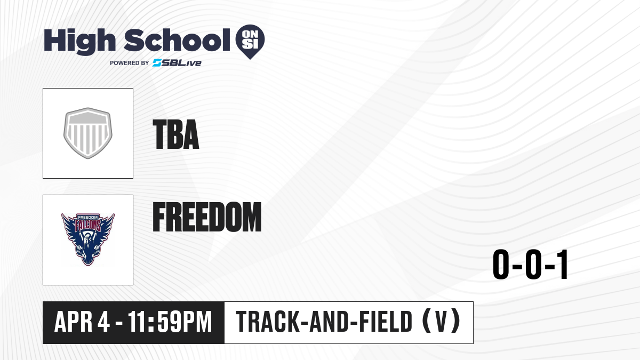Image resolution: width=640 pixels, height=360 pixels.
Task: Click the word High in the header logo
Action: tap(79, 42)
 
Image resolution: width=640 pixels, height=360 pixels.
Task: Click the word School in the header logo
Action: tap(177, 40)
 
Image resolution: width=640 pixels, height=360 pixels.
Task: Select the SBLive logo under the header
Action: tap(177, 63)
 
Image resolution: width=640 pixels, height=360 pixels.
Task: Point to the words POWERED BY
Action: tap(130, 63)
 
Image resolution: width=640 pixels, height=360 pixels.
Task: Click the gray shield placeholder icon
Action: tap(87, 133)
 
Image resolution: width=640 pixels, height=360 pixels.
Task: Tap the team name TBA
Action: tap(175, 134)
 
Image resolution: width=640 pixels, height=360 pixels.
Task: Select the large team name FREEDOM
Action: tap(207, 217)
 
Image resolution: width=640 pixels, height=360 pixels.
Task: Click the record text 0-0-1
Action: tap(530, 265)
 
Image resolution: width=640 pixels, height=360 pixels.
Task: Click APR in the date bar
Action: tap(74, 322)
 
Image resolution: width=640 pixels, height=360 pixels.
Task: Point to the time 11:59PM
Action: tap(170, 322)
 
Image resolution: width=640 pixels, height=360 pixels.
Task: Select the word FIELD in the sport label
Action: tap(386, 322)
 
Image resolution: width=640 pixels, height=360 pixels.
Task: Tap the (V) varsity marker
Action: tap(441, 322)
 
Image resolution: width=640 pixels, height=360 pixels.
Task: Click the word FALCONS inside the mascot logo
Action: tap(88, 226)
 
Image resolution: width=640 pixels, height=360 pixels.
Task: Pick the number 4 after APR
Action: tap(103, 322)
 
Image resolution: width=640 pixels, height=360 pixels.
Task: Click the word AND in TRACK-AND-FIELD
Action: tap(329, 322)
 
